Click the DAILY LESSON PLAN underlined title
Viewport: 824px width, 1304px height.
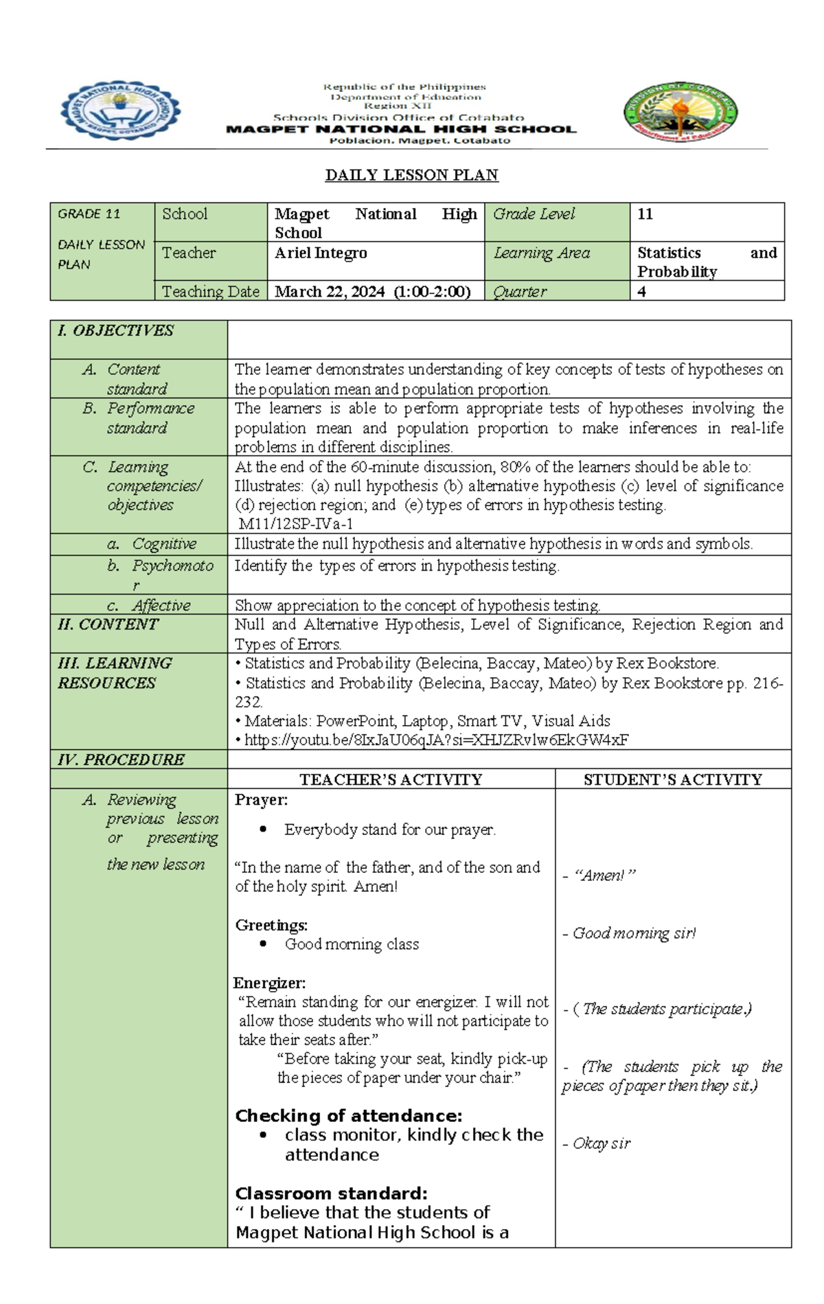(x=411, y=175)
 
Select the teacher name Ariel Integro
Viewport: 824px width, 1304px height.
(x=321, y=253)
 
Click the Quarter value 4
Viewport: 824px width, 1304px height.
(x=641, y=291)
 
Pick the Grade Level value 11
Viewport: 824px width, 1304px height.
(x=645, y=214)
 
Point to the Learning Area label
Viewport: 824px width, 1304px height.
(x=542, y=253)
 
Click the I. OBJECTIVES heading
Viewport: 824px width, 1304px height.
(x=115, y=330)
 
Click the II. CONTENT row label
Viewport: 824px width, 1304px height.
(x=108, y=624)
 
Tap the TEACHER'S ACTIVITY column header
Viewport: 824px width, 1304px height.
(x=391, y=779)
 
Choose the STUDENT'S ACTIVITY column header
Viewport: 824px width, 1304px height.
(x=672, y=779)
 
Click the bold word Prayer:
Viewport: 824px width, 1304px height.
(x=261, y=799)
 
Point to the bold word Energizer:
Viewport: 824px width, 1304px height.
(x=270, y=983)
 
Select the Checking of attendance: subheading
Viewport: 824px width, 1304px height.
(x=348, y=1115)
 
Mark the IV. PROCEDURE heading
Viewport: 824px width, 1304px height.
(x=121, y=759)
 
